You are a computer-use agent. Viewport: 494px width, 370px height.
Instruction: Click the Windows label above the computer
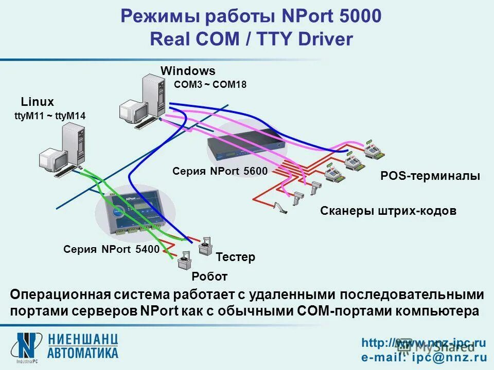[188, 71]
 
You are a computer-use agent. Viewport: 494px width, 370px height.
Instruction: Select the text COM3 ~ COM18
[210, 85]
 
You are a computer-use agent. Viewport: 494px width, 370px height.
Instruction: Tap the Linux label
[37, 102]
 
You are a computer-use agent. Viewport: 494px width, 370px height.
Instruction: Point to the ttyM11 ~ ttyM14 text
[50, 116]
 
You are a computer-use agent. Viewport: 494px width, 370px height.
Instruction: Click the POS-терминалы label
[430, 176]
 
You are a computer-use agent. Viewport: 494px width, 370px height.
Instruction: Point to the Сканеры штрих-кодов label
[388, 211]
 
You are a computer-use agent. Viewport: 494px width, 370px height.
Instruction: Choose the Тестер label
[235, 257]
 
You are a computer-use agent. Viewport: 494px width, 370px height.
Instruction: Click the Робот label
[209, 277]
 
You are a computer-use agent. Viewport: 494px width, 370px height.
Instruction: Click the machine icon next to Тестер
[206, 247]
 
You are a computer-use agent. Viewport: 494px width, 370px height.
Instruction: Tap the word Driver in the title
[324, 40]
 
